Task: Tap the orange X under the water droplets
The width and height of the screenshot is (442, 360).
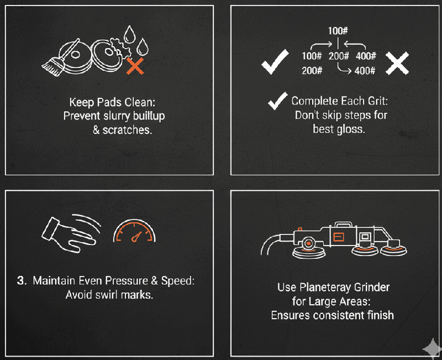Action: (135, 66)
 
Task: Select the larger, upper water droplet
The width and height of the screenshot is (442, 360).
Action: (130, 34)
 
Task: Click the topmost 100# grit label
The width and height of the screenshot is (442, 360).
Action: (338, 31)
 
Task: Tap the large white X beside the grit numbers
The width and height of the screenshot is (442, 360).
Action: (397, 63)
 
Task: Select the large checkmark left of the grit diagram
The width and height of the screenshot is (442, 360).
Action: (275, 62)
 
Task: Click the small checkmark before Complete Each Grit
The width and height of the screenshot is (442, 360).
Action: (278, 101)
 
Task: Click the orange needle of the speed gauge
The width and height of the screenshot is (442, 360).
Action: (136, 237)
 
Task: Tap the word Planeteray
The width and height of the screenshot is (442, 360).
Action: (325, 287)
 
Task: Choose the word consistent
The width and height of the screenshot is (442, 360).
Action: (334, 315)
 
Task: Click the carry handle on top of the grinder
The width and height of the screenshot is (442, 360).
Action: (343, 225)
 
